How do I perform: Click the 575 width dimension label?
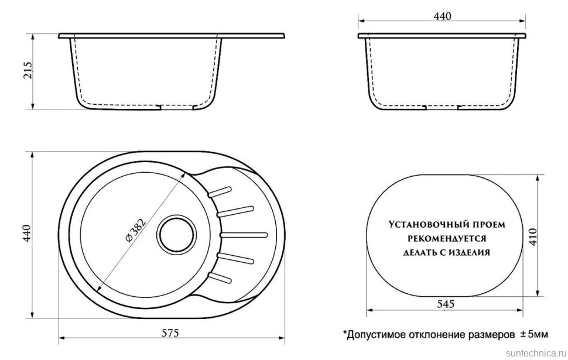click(x=170, y=333)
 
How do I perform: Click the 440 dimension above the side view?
click(x=442, y=17)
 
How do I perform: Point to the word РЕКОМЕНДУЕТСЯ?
click(x=446, y=239)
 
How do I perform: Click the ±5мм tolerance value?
click(x=533, y=334)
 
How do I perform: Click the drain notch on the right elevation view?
click(x=440, y=107)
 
